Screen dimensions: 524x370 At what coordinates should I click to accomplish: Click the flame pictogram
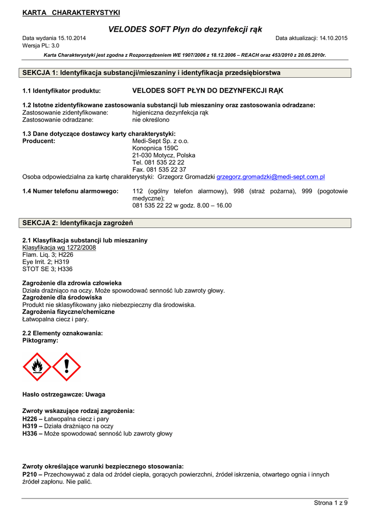(x=37, y=367)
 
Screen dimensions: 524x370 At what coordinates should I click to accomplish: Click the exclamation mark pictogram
(x=66, y=367)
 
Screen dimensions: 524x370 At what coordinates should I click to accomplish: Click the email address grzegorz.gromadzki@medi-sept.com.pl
(x=271, y=177)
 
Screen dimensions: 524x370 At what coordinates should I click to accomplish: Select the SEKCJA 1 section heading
(x=151, y=73)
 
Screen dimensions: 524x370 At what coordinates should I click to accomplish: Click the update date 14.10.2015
(x=333, y=38)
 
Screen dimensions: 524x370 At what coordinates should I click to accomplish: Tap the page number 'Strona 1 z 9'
(x=331, y=503)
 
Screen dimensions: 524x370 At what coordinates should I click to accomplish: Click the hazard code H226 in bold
(x=30, y=419)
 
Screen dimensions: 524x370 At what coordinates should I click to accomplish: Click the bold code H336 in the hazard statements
(x=30, y=433)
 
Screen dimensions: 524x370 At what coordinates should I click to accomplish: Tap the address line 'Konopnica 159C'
(x=155, y=148)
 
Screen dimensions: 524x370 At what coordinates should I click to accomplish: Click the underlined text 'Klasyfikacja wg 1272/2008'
(x=59, y=247)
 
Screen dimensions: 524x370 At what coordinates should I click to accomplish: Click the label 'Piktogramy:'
(x=40, y=340)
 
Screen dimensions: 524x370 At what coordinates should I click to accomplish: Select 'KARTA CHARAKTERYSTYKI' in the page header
(x=71, y=12)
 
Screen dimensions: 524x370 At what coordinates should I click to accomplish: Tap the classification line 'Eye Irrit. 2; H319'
(x=46, y=261)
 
